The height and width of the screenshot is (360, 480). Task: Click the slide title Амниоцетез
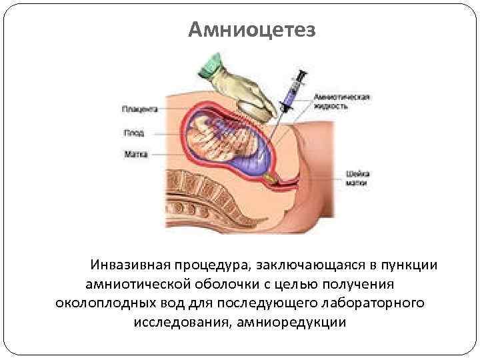coord(252,29)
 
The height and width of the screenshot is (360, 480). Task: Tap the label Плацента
coord(140,108)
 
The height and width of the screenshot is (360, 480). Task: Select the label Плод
coord(134,132)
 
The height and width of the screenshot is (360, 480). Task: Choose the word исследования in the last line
coord(179,323)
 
